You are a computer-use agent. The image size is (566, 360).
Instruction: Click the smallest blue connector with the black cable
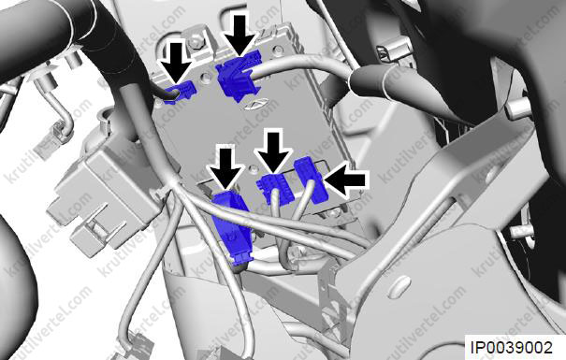coord(180,93)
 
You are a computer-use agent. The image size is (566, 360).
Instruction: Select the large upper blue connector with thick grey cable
coord(239,76)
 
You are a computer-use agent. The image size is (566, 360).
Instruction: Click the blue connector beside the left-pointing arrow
coord(311,180)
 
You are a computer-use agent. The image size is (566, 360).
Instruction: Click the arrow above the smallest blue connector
coord(176,61)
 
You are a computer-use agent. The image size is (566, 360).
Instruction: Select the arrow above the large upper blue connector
coord(240,35)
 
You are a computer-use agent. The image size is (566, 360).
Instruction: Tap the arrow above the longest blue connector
coord(226,168)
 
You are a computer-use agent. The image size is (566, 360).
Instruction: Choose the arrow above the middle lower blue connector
coord(273,151)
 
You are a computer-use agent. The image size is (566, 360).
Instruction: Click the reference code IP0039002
coord(512,348)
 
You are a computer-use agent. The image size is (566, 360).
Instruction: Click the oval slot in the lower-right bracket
coord(399,287)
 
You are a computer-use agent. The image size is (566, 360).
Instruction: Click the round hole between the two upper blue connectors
coord(206,77)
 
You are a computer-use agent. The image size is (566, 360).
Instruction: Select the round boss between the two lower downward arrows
coord(254,167)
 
